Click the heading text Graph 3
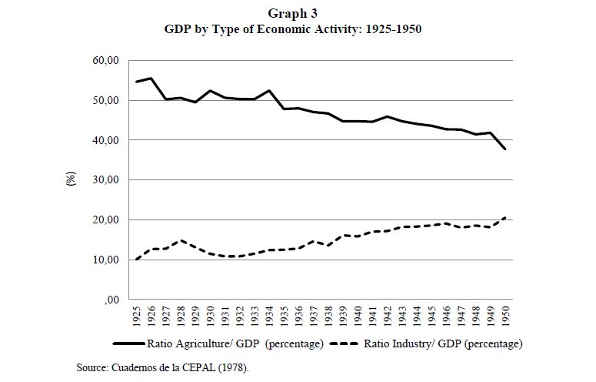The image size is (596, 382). pos(293,13)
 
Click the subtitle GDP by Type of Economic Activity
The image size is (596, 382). pos(293,30)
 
